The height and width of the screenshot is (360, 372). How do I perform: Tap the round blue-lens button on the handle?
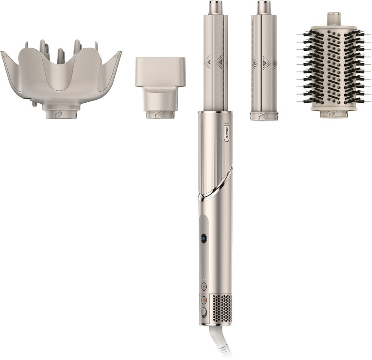tap(203, 239)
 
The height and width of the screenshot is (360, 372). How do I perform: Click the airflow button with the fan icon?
tap(204, 286)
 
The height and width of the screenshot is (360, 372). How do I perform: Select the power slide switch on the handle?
tap(204, 312)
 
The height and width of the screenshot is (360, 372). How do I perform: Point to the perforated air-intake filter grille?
tap(222, 307)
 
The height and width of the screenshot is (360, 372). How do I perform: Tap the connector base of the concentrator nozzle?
tap(160, 114)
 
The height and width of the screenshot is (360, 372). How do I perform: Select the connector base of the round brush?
tap(333, 113)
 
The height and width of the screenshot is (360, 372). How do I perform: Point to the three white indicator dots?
tap(204, 280)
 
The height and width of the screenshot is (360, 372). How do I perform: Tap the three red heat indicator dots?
tap(204, 293)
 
